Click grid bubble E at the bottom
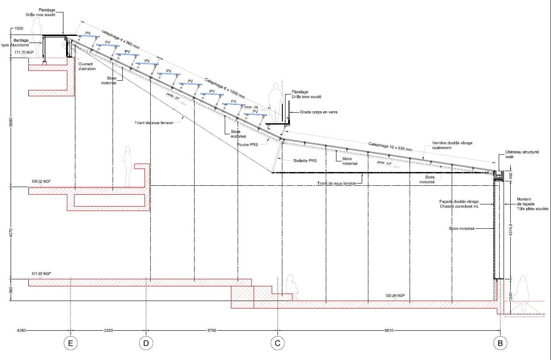pos(70,343)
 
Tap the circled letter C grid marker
pos(277,343)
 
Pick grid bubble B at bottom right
pos(500,343)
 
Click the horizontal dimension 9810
pos(388,330)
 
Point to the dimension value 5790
pos(211,330)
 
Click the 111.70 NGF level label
pos(24,52)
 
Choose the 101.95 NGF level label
pos(41,274)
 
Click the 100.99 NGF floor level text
pos(395,295)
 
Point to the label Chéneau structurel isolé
pos(522,154)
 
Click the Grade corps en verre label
pos(319,112)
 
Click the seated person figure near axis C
pos(291,287)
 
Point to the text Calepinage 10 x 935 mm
pos(390,147)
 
